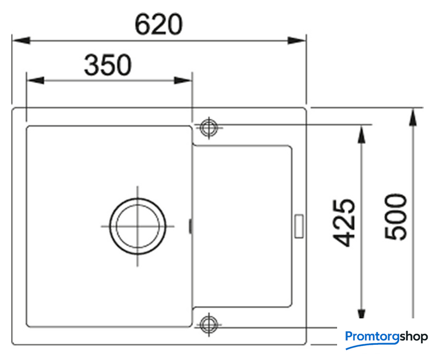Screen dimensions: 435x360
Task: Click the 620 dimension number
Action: (x=159, y=24)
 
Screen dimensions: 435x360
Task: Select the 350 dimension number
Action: (x=107, y=65)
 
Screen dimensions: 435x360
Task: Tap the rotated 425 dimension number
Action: (x=343, y=223)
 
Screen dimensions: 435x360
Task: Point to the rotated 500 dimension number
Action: (x=396, y=217)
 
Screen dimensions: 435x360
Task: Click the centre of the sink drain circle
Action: (x=138, y=226)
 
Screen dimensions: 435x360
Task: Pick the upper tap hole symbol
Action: (x=209, y=128)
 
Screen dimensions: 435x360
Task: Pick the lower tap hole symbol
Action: (x=209, y=324)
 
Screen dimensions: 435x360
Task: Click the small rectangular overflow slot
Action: (x=299, y=226)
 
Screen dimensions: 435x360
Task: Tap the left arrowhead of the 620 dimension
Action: (x=21, y=40)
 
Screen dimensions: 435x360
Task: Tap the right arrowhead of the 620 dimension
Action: (x=297, y=40)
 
